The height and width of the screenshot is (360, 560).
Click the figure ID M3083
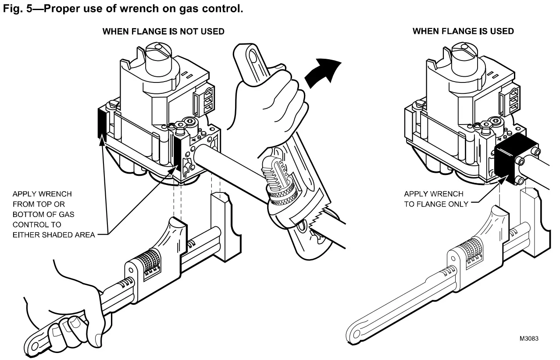528,339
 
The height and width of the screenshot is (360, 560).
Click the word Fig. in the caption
12,8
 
